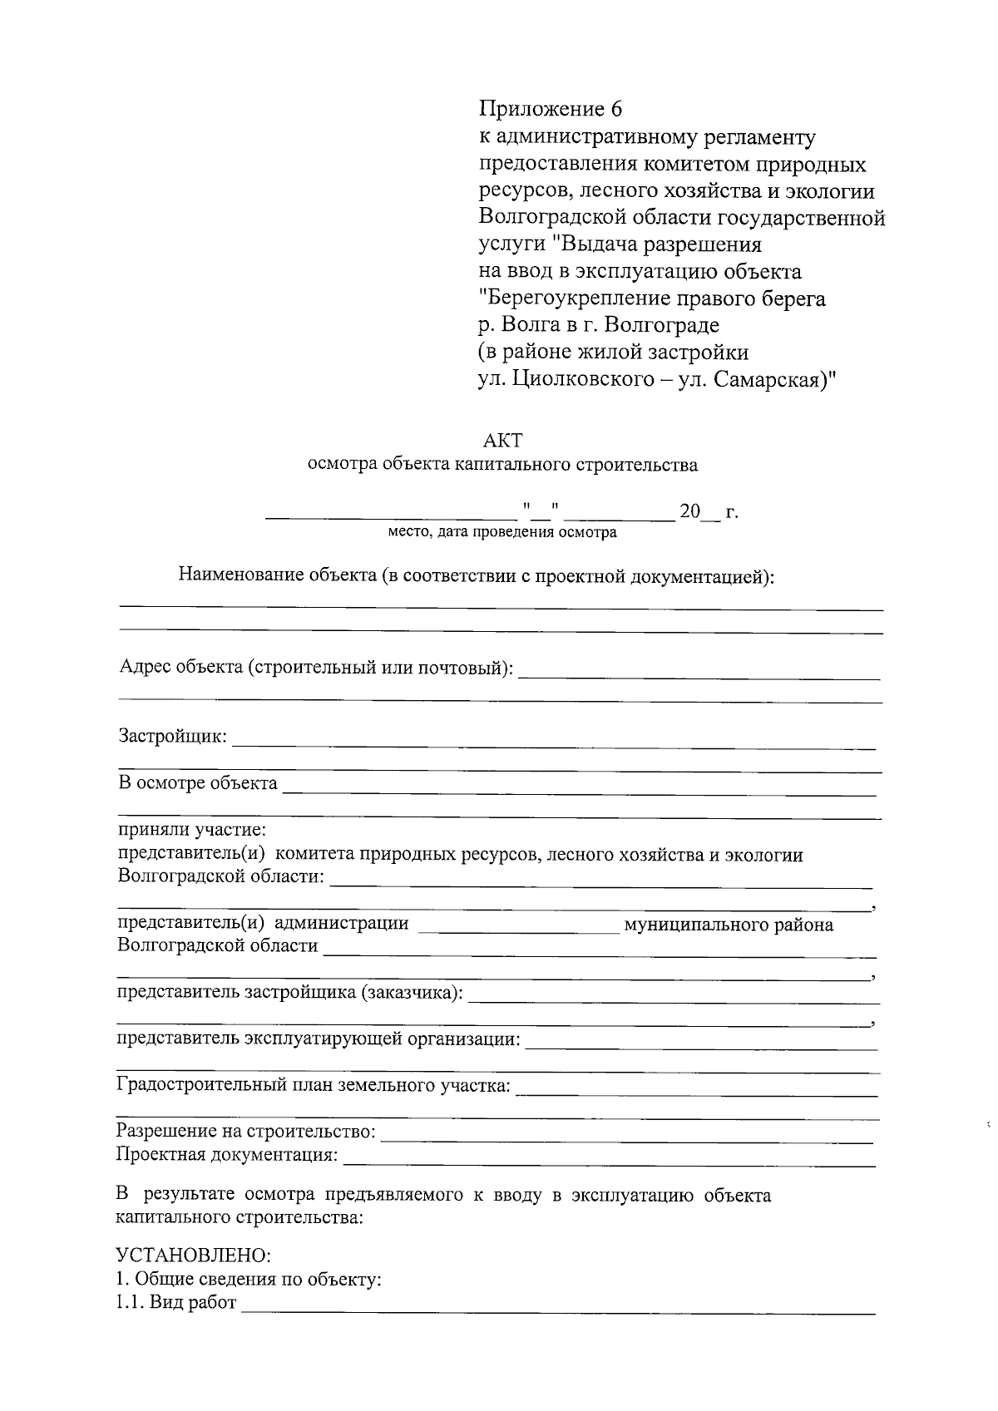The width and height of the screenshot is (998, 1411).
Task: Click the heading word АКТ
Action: pyautogui.click(x=503, y=439)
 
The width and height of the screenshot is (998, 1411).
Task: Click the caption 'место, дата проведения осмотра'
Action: pyautogui.click(x=502, y=532)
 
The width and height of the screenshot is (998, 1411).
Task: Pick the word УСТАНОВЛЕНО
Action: pyautogui.click(x=193, y=1253)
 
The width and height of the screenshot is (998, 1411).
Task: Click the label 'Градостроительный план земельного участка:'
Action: pyautogui.click(x=314, y=1086)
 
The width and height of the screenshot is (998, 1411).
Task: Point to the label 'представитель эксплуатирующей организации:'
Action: pyautogui.click(x=319, y=1039)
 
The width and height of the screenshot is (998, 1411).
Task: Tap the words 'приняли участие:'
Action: pyautogui.click(x=191, y=830)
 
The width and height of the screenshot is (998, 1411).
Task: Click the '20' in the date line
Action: pyautogui.click(x=690, y=512)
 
